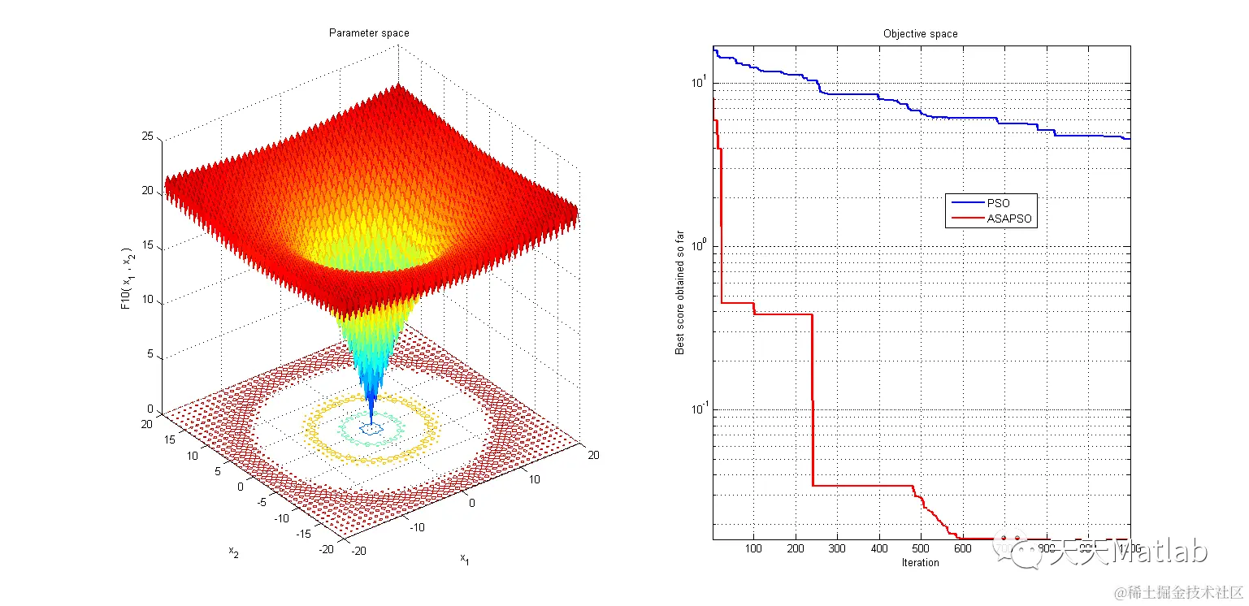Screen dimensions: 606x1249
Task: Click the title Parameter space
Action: coord(368,33)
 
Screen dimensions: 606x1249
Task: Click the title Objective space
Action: coord(920,34)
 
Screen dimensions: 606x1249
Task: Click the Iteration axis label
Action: coord(921,562)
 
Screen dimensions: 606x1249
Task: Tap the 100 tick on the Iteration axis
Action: coord(754,548)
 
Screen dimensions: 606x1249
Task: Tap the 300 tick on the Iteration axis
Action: coord(838,548)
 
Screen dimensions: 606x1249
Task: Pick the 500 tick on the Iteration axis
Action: coord(921,548)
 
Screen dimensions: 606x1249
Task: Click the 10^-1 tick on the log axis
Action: coord(698,409)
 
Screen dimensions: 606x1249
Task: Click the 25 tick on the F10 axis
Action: coord(148,137)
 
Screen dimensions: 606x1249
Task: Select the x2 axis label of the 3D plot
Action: coord(232,552)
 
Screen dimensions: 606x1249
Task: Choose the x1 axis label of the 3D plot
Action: coord(464,558)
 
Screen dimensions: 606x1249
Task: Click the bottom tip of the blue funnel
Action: coord(372,422)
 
